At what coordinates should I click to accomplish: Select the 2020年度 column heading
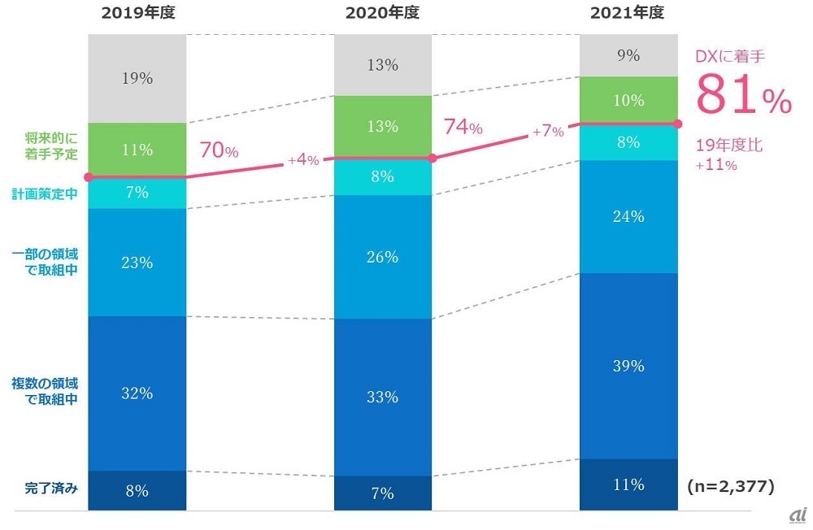click(x=383, y=14)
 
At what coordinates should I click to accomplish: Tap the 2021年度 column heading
click(x=628, y=14)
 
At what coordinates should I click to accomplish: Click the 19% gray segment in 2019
click(x=137, y=79)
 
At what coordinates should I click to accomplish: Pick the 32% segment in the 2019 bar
click(x=137, y=393)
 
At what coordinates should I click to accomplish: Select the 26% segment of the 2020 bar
click(x=382, y=257)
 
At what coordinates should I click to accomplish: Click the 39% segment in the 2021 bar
click(x=628, y=366)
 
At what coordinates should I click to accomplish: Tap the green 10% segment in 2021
click(x=628, y=100)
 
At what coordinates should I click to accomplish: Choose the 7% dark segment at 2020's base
click(x=382, y=493)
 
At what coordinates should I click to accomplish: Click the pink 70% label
click(x=219, y=151)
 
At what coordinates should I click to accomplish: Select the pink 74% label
click(x=463, y=128)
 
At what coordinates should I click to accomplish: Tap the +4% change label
click(x=302, y=161)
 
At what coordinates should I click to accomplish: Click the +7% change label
click(x=548, y=132)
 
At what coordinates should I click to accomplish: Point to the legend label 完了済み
click(x=50, y=489)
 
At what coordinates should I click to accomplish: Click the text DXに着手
click(x=731, y=56)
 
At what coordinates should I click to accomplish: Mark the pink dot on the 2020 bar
click(x=433, y=159)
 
